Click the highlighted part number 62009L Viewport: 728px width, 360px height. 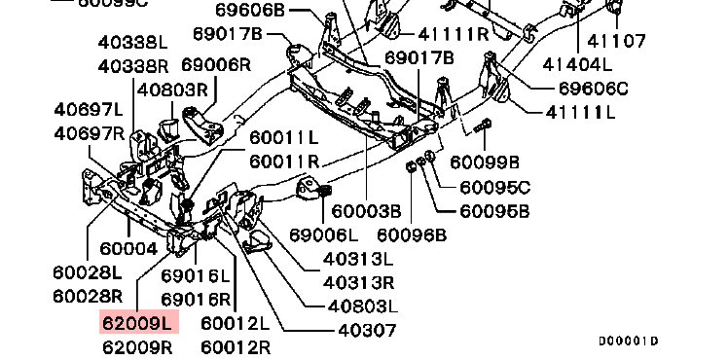[139, 322]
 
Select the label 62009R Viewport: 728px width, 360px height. [137, 347]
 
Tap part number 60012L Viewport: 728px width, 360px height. [236, 323]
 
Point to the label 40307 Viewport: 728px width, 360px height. [367, 330]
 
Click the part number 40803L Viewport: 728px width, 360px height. [363, 306]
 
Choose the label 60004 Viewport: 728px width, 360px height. [128, 249]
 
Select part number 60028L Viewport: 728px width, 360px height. [88, 272]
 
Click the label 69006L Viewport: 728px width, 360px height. [324, 235]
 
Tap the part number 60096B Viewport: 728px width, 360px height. [412, 235]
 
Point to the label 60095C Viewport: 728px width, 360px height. [495, 188]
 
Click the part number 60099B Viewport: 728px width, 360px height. [485, 162]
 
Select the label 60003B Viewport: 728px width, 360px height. [366, 211]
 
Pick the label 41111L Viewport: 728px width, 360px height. [580, 112]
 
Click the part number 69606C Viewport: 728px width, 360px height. [593, 89]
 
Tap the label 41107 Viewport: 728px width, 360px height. [616, 41]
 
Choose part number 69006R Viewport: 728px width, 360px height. [216, 64]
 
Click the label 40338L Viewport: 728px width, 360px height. [132, 43]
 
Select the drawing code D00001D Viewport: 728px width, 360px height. [629, 342]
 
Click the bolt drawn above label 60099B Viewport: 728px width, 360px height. [483, 126]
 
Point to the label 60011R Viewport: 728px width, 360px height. [284, 162]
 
